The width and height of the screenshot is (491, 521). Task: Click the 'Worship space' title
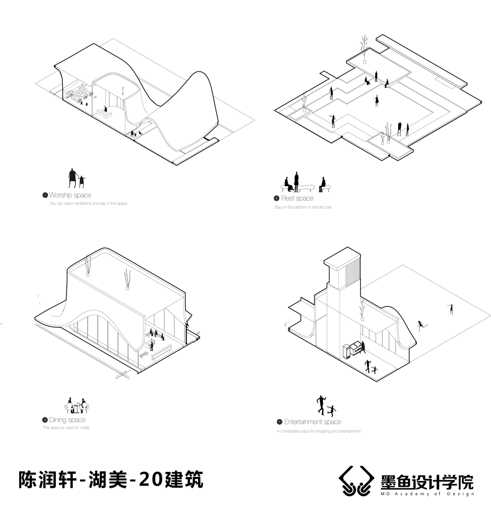coord(70,195)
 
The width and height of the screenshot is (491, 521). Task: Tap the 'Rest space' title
coord(297,198)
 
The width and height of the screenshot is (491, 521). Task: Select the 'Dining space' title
coord(67,420)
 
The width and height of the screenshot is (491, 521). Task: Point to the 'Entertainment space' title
coord(312,422)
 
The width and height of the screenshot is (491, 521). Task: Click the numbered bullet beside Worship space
coord(45,195)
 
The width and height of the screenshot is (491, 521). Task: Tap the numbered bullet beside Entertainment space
coord(279,422)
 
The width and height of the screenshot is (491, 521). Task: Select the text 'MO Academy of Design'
coord(427,494)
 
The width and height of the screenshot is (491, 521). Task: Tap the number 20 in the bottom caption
coord(150,479)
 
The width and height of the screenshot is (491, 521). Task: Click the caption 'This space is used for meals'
coord(66,428)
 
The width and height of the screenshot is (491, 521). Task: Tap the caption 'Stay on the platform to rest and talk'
coord(303,207)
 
